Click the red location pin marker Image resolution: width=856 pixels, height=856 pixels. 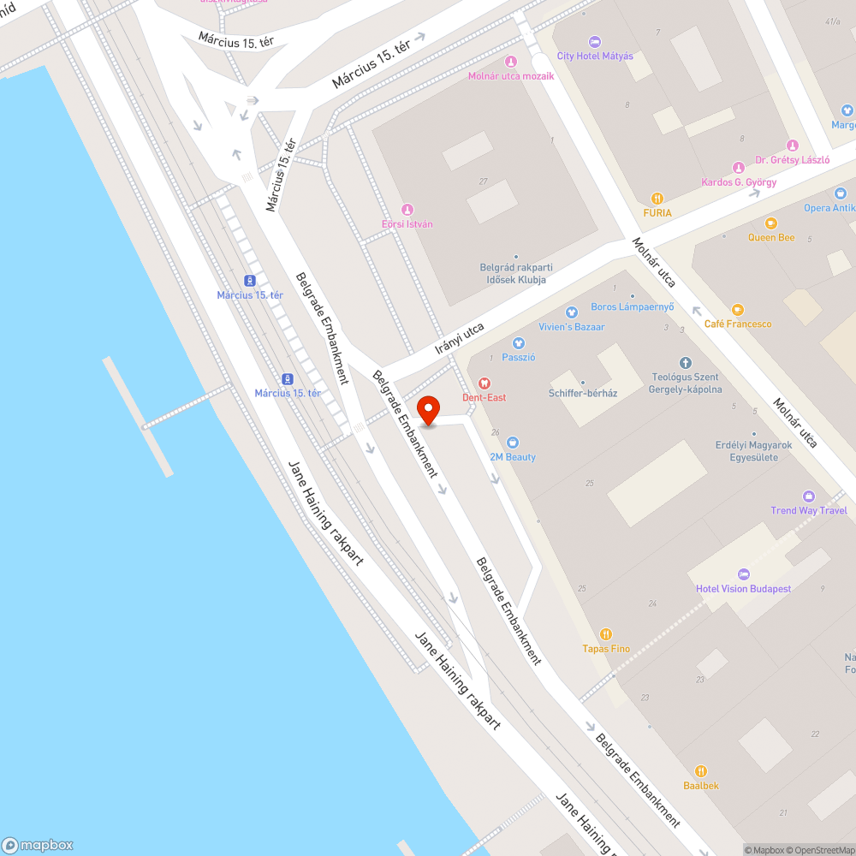point(427,408)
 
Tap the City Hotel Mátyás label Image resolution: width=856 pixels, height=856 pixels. point(594,56)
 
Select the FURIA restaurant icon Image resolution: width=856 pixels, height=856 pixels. point(657,199)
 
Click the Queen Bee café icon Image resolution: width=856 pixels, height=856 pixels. point(771,223)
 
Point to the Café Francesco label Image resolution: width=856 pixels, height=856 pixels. point(737,324)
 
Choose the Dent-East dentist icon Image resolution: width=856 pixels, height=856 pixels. point(484,383)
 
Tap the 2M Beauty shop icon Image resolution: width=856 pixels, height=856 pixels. point(512,443)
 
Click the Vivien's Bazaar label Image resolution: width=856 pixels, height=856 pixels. point(571,327)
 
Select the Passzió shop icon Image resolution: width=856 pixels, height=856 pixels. point(518,343)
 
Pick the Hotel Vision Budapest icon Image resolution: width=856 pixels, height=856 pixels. point(743,574)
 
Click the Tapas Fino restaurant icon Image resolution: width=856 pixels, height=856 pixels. point(606,634)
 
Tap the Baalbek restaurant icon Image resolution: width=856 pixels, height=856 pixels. point(701,771)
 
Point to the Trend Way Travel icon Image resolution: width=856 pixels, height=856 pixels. point(809,496)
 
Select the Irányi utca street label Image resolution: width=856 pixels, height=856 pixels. point(460,339)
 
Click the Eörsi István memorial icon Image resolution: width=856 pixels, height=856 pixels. point(407,210)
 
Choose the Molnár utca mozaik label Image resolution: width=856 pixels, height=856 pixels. point(511,76)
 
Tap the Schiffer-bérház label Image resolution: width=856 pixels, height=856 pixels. point(583,393)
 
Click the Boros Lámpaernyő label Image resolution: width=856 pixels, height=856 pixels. point(633,307)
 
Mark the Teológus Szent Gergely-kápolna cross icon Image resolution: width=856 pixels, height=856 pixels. point(685,363)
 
